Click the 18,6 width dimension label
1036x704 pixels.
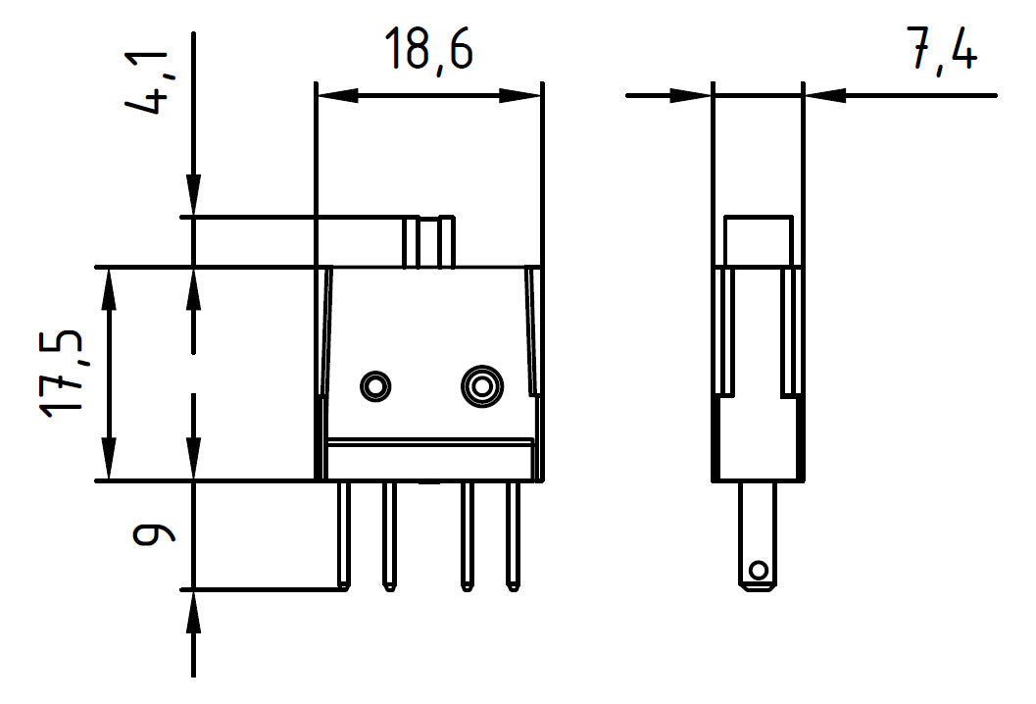coord(428,49)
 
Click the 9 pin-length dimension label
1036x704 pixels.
coord(153,533)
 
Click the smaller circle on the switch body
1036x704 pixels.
coord(375,386)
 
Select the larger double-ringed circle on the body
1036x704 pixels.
coord(482,386)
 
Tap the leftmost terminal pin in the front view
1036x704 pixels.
coord(344,535)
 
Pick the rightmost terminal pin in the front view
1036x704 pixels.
coord(513,535)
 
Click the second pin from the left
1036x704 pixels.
coord(390,535)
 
